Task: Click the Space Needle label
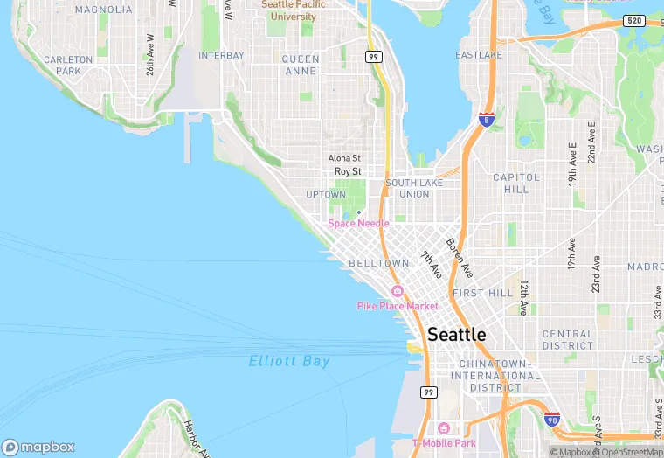358,224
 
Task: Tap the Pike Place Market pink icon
398,291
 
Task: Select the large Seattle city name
457,335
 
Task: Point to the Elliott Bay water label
289,361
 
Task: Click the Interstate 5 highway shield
486,120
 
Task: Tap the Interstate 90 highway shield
551,420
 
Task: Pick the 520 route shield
634,20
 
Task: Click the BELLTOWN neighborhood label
378,263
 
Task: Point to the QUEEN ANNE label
301,65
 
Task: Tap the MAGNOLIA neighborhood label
104,10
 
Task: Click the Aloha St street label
344,158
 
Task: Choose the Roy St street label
348,172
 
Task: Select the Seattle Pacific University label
293,10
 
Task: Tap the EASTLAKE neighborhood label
479,55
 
